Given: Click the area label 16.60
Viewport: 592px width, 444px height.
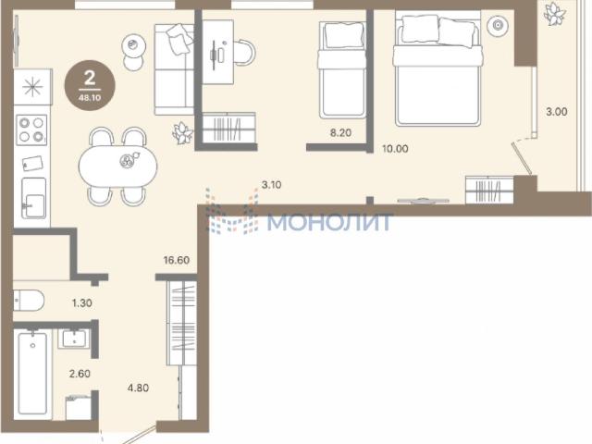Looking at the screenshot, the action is [x=177, y=260].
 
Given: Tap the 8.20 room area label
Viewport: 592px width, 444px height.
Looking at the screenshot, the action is [x=340, y=132].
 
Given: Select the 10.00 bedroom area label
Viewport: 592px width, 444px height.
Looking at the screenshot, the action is [x=395, y=149].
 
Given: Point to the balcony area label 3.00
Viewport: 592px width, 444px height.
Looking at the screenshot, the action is [x=557, y=112].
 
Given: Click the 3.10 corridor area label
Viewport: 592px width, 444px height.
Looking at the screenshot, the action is [x=271, y=185].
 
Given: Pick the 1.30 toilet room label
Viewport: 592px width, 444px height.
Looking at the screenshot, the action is [x=82, y=302].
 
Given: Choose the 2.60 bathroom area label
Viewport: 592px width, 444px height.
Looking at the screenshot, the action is [x=80, y=374].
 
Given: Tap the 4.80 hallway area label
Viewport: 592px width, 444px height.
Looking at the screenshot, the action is [x=138, y=388].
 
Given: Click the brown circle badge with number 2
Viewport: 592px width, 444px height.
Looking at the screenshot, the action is [x=90, y=85].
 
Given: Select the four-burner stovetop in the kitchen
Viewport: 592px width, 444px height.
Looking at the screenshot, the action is [x=31, y=129].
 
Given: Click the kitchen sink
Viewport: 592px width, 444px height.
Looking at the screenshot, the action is [x=34, y=198].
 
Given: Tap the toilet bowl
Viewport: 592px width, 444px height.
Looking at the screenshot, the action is [x=29, y=301].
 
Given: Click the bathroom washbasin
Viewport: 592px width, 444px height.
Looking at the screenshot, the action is [x=74, y=339].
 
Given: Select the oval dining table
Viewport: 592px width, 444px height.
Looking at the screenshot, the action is [x=117, y=166].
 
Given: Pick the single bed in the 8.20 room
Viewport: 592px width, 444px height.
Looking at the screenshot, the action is [x=342, y=70].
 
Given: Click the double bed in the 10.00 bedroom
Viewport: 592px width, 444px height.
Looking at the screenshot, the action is [x=438, y=70].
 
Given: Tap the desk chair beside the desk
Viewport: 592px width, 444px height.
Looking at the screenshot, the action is [x=244, y=53].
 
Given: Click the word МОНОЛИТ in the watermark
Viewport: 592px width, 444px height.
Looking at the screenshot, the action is [x=328, y=222].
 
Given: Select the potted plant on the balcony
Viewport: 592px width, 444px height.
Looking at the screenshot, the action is [x=555, y=14].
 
